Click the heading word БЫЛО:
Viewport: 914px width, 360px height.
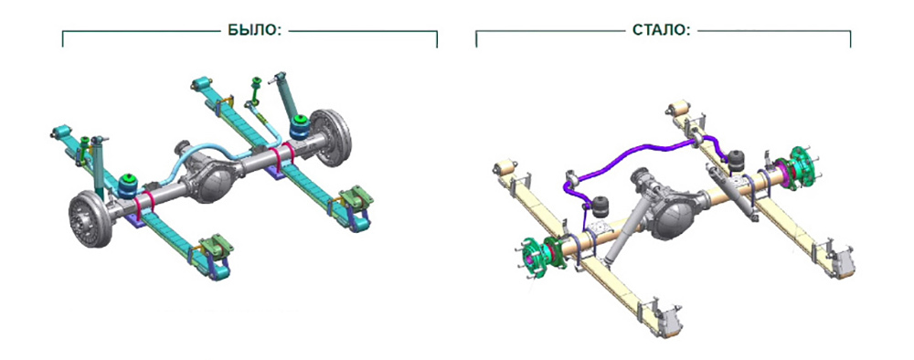pos(250,30)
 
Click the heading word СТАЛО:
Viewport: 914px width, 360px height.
pos(661,30)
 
